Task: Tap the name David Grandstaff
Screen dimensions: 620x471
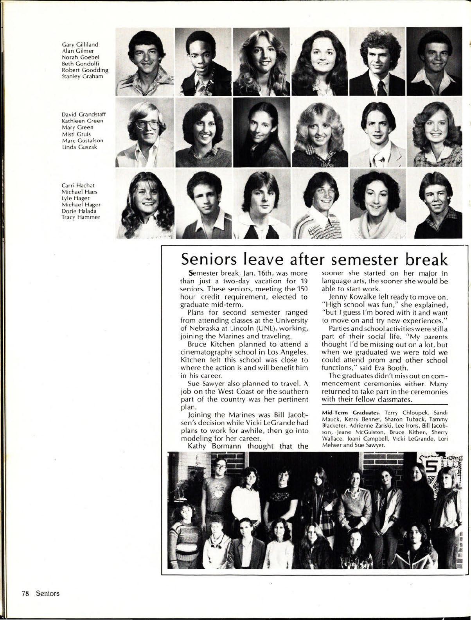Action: (x=84, y=115)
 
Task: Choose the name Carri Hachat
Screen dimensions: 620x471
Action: (x=78, y=185)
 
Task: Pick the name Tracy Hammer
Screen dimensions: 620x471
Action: (x=81, y=217)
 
